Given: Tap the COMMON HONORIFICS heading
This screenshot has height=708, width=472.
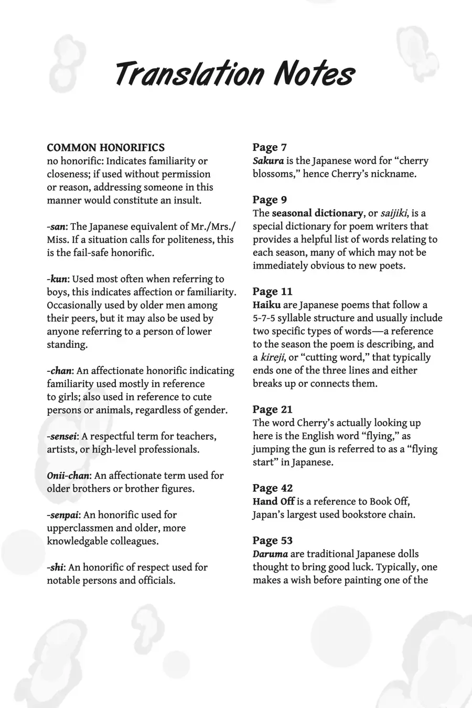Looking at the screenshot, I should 106,148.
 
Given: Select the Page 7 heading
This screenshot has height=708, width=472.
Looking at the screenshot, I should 270,147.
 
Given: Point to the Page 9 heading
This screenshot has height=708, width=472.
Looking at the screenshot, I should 270,200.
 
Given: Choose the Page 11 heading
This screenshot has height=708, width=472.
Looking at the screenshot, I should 272,292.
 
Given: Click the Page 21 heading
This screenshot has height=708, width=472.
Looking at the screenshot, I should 272,410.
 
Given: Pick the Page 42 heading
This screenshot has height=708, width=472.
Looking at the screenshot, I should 273,488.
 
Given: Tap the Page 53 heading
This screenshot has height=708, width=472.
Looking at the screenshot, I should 273,541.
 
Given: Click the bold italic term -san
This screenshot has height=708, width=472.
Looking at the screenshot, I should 56,227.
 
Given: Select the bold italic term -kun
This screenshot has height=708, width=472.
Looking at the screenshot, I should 57,279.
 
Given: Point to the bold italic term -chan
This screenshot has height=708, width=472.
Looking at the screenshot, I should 59,371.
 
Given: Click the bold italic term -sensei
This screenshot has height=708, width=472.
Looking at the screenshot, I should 62,436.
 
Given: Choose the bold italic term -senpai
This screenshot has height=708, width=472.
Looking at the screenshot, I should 63,515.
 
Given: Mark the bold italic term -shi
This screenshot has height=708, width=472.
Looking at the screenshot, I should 56,567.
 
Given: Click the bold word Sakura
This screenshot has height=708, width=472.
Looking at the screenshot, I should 268,161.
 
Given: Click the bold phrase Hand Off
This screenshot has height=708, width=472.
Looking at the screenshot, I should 273,501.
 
